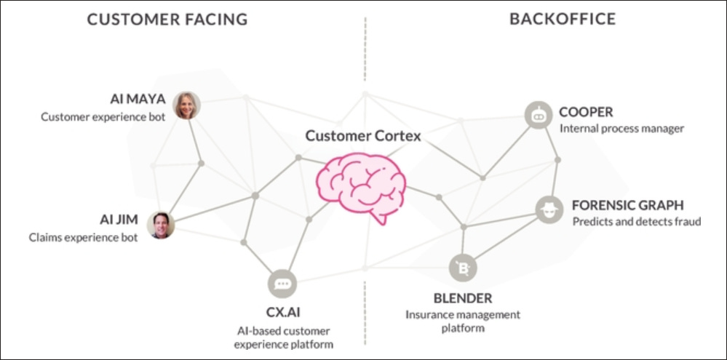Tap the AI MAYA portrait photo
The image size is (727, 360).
(187, 105)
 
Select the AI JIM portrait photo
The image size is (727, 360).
(161, 225)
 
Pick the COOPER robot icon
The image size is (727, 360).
(539, 115)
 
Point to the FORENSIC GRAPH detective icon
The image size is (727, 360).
(549, 209)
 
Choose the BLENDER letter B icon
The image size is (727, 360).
(464, 269)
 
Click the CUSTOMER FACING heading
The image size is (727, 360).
(167, 20)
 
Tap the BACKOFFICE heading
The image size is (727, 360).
(562, 20)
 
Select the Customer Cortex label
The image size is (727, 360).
(362, 136)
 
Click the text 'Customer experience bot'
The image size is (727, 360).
(103, 116)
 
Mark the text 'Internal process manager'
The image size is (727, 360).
(621, 129)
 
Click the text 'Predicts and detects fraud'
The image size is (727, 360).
(636, 221)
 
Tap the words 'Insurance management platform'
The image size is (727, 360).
(463, 321)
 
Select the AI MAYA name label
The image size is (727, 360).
(138, 99)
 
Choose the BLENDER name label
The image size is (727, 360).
(463, 298)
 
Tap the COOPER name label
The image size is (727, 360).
(586, 112)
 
